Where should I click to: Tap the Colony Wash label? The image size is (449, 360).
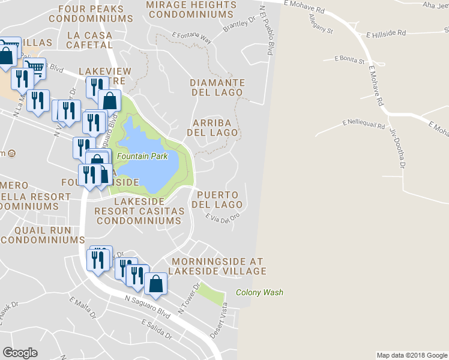pos(259,293)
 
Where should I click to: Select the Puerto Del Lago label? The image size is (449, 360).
pos(217,200)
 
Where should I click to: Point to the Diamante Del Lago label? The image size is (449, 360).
pos(217,88)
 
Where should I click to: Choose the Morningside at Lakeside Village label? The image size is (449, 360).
pos(217,266)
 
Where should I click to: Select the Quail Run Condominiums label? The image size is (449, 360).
pos(43,235)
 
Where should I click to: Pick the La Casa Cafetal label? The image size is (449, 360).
pos(89,40)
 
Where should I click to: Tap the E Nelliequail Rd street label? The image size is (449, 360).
pos(363,122)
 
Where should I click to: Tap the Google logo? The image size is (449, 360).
pos(20,353)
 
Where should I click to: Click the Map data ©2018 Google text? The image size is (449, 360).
pos(411,355)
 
